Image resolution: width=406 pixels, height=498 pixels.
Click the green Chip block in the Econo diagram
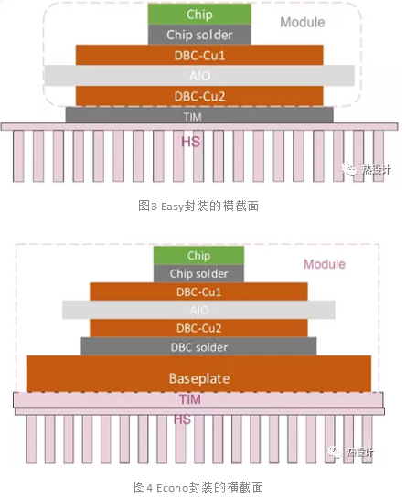point(198,256)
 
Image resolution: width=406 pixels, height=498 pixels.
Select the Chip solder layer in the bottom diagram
point(198,274)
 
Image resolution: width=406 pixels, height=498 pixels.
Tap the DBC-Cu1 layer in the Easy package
point(199,55)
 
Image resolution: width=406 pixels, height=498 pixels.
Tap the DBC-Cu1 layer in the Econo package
point(198,291)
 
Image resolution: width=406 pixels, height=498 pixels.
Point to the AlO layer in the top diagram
point(199,75)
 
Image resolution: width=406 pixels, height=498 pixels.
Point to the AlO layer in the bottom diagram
point(198,310)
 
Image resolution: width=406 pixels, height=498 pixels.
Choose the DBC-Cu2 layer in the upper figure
point(199,95)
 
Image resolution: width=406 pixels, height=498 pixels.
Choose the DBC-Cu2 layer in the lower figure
point(198,328)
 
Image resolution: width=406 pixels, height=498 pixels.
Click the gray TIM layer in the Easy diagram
point(199,115)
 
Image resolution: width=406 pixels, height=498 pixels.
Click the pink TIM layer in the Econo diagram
point(198,398)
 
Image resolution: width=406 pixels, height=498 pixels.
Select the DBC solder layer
point(198,346)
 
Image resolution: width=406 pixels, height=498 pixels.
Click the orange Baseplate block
point(198,376)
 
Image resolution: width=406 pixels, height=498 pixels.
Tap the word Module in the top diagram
point(302,22)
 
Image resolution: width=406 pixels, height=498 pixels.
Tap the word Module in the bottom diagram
point(325,264)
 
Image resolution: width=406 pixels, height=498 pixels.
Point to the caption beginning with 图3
point(198,207)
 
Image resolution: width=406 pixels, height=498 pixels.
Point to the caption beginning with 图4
point(198,485)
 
